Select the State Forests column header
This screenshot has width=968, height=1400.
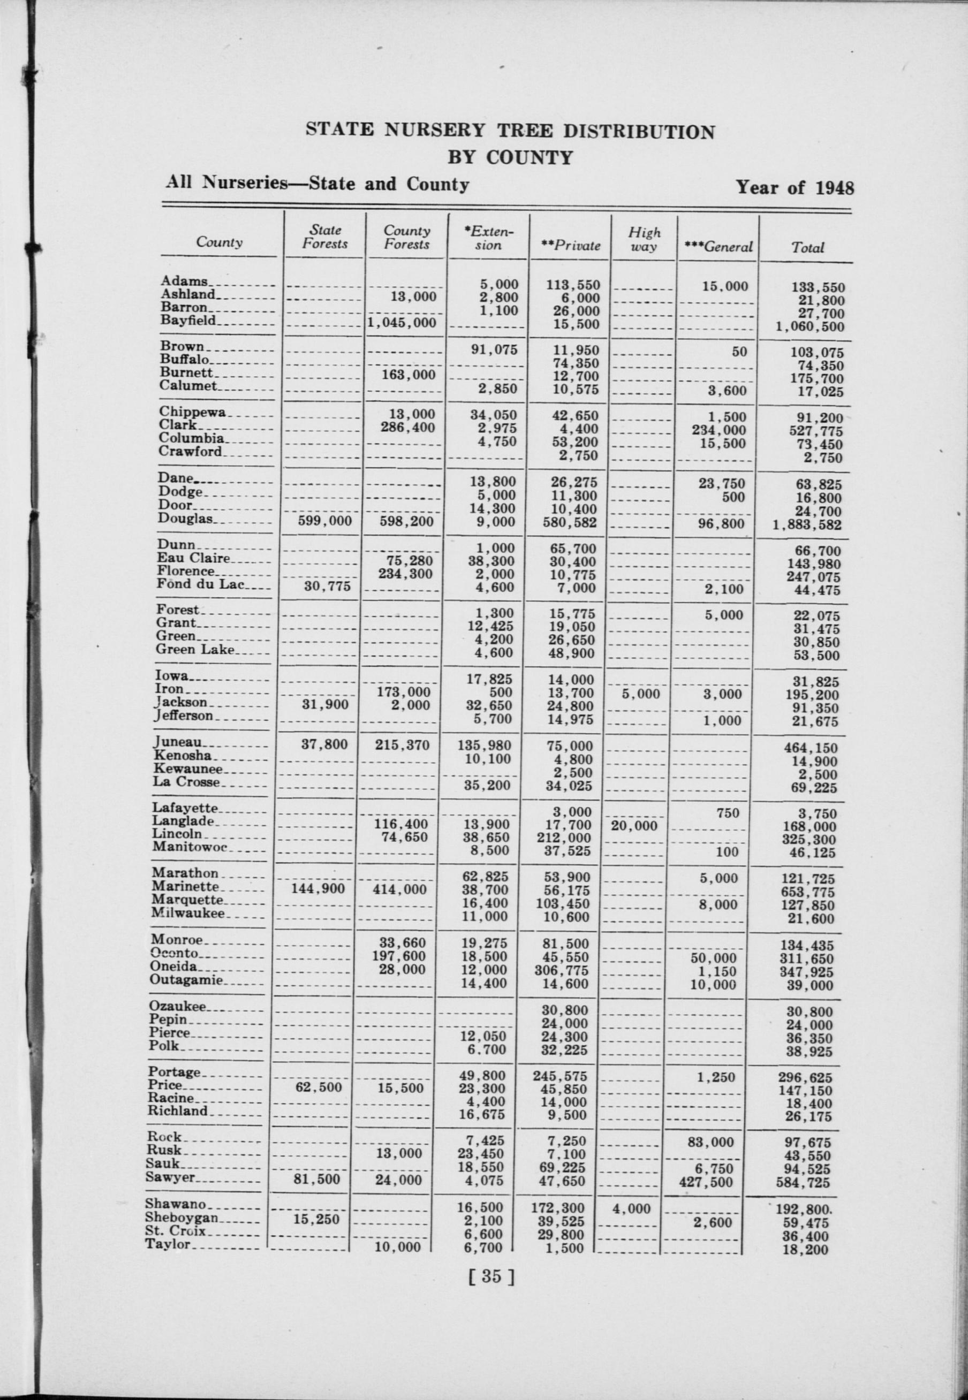(325, 237)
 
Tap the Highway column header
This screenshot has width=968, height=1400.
(644, 239)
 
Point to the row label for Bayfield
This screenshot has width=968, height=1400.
(188, 321)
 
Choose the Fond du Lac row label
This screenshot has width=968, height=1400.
(200, 584)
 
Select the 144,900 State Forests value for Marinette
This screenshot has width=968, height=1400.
(318, 889)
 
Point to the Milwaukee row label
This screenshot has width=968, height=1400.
(188, 913)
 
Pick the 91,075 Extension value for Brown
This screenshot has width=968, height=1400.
(494, 350)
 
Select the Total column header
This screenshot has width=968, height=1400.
(807, 247)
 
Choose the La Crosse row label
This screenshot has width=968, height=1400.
(186, 782)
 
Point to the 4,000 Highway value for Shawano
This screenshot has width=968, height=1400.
(631, 1208)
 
